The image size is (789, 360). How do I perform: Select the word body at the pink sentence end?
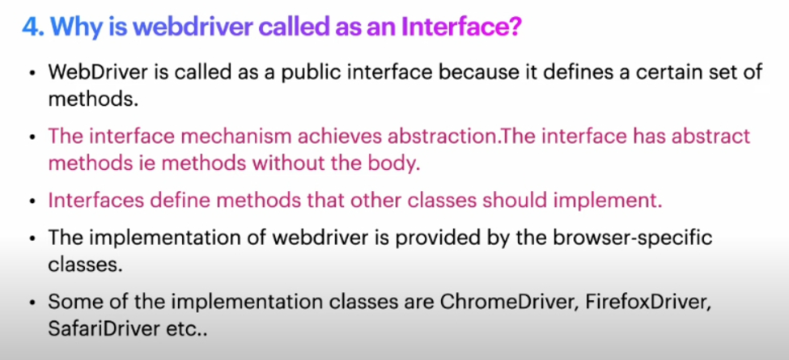coord(397,164)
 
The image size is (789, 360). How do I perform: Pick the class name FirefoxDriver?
coord(634,303)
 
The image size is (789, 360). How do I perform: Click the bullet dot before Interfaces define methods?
coord(32,201)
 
